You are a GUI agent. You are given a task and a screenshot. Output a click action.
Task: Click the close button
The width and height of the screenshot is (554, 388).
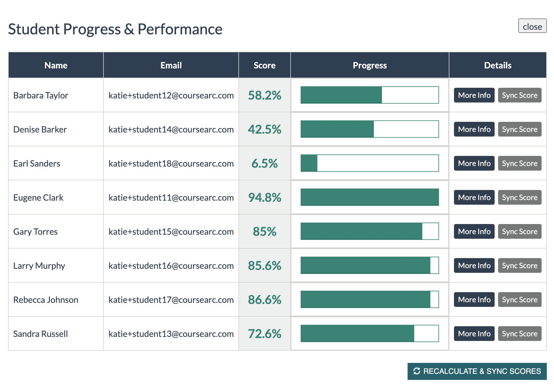pos(532,26)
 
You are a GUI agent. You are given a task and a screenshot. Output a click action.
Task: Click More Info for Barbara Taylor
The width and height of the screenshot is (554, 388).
pos(474,95)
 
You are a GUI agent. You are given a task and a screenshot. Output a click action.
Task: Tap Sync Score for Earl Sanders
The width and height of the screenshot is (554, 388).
pos(519,163)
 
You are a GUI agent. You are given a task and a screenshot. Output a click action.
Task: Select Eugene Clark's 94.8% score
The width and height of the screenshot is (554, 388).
pos(264,198)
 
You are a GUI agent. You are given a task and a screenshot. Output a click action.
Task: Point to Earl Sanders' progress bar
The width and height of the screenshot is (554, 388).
pos(370,163)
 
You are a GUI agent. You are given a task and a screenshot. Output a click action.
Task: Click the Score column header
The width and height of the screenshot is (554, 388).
pos(264,65)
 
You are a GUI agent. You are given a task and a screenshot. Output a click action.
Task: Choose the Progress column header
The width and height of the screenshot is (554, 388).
pos(370,65)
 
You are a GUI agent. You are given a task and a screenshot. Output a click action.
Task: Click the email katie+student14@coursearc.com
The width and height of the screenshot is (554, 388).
pos(171,130)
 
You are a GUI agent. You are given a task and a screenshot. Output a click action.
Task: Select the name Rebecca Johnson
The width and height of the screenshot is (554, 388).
pos(46,300)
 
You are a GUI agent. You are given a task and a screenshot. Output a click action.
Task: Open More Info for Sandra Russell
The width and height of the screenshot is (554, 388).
pos(474,334)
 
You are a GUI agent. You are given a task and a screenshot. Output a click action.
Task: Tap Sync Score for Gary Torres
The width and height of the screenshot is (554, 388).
pos(519,232)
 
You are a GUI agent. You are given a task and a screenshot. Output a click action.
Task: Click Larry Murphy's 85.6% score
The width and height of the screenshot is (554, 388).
pos(264,266)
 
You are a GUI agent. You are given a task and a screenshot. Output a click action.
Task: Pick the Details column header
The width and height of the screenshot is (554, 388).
pos(498,65)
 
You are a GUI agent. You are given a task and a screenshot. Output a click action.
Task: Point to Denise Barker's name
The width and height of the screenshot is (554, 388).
pos(40,130)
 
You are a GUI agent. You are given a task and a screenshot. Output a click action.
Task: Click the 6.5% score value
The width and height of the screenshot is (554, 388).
pos(264,164)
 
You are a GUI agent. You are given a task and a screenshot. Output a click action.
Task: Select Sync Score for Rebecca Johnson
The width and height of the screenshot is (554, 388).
pos(519,300)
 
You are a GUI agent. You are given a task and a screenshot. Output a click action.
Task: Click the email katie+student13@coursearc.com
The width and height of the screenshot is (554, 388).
pos(171,334)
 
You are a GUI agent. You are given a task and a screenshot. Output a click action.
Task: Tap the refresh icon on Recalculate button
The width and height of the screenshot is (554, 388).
pos(417,371)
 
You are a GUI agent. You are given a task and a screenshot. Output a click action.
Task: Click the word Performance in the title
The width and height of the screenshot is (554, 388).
pos(180,29)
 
